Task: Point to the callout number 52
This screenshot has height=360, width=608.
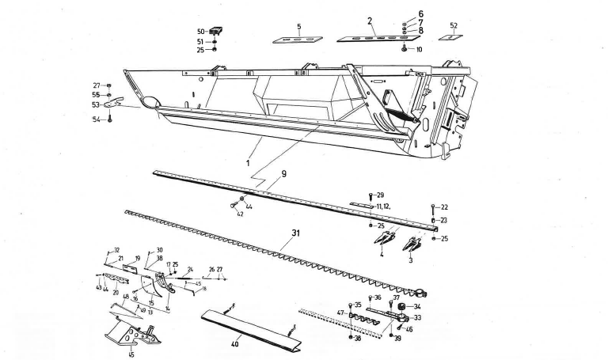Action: point(453,25)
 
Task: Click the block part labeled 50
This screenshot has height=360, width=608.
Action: point(213,31)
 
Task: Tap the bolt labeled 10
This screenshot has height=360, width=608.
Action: point(405,48)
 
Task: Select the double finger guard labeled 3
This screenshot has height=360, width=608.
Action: point(413,244)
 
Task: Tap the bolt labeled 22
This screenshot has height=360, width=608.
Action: point(433,207)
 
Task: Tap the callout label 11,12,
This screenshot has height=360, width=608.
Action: point(388,206)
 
